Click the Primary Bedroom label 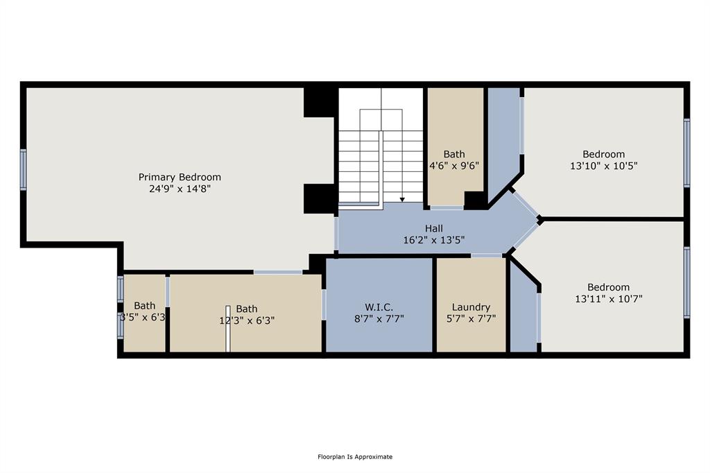click(180, 177)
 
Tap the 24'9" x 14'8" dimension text click(180, 189)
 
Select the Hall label click(434, 229)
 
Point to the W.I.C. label click(379, 307)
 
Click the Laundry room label click(471, 308)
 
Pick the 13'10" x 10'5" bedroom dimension click(604, 166)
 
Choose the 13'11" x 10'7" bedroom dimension click(609, 299)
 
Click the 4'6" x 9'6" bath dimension click(454, 166)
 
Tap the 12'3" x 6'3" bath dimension click(247, 321)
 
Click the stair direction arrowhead click(402, 200)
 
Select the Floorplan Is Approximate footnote click(355, 456)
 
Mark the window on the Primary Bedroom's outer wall click(23, 169)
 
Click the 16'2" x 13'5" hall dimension click(434, 240)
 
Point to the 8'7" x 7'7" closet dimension click(379, 319)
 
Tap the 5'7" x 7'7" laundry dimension click(471, 319)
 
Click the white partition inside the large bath click(227, 329)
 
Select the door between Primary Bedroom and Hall click(336, 234)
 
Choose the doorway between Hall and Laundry click(487, 256)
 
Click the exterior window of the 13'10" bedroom click(687, 153)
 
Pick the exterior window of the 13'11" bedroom click(687, 282)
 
